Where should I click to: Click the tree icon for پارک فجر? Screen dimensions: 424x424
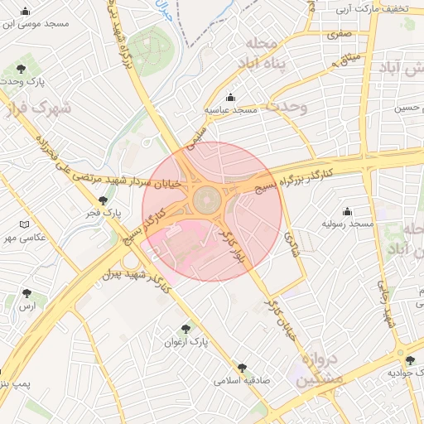pos(103,200)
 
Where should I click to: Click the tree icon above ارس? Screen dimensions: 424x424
pos(29,292)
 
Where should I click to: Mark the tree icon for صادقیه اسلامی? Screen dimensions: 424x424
pos(242,367)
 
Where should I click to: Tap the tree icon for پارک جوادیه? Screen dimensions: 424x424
pos(410,359)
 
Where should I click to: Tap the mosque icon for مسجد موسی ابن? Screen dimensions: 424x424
pos(26,12)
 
